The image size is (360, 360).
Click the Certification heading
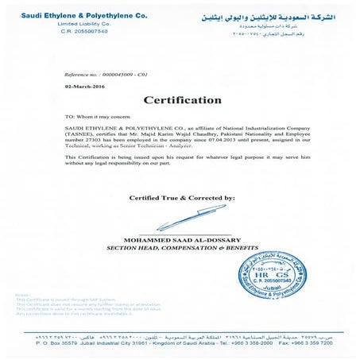pos(182,100)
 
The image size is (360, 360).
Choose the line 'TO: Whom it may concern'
pos(92,116)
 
